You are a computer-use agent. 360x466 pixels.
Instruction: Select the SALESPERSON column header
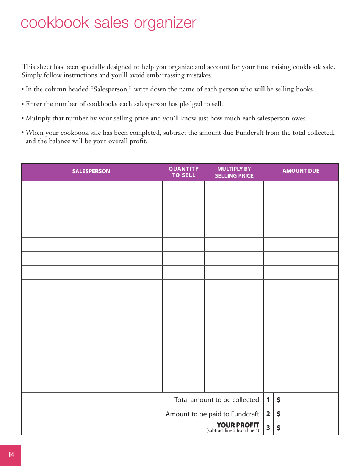tap(91, 171)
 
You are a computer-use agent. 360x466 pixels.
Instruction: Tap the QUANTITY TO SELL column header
tap(183, 172)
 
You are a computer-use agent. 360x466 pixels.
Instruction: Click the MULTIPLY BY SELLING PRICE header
tap(234, 172)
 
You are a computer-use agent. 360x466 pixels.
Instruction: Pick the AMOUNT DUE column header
tap(301, 171)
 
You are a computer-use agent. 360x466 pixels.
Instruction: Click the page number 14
tap(11, 455)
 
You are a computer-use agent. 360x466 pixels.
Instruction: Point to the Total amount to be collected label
tap(216, 400)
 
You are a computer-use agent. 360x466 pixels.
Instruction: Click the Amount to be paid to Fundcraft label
tap(212, 414)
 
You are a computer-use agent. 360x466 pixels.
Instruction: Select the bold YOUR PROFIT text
tap(238, 425)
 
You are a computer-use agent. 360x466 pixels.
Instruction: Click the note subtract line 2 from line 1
tap(233, 431)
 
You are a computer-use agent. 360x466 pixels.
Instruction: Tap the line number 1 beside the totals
tap(268, 400)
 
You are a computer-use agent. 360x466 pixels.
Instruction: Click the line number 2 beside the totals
tap(268, 414)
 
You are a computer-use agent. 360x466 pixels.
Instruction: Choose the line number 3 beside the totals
tap(268, 428)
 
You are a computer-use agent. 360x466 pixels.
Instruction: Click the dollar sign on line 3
tap(279, 428)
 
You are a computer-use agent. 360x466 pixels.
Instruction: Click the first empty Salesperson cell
tap(92, 188)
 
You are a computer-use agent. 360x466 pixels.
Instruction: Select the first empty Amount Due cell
tap(301, 188)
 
